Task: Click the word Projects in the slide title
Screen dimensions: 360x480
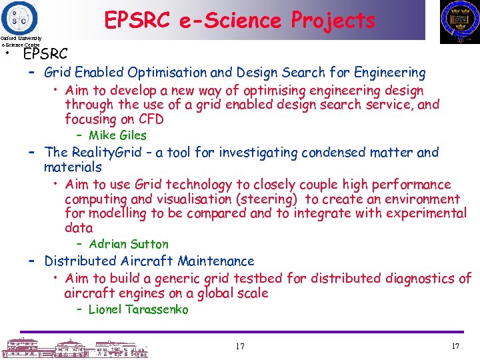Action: pos(333,21)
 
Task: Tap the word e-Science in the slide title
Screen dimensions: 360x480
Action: pos(228,21)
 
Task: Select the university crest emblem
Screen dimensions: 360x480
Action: pos(459,21)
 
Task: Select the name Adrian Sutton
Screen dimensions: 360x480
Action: pos(129,244)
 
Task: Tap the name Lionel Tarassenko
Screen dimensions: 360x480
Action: pos(138,309)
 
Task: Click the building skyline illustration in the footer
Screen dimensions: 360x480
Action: pos(73,347)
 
